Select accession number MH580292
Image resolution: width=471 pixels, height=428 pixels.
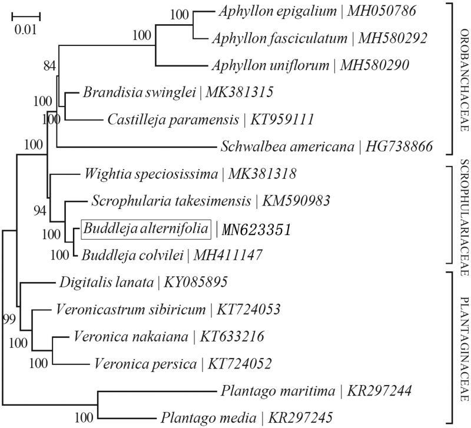(x=395, y=39)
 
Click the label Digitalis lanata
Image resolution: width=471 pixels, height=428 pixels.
(x=105, y=282)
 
